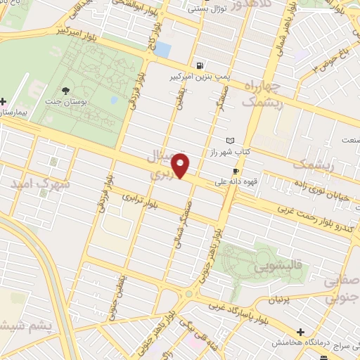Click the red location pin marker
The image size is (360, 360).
tap(181, 165)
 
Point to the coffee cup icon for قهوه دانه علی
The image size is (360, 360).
tap(236, 171)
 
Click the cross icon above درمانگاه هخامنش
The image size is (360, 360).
tap(301, 332)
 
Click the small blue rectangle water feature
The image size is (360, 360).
tap(162, 49)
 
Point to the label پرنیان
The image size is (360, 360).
tap(278, 300)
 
